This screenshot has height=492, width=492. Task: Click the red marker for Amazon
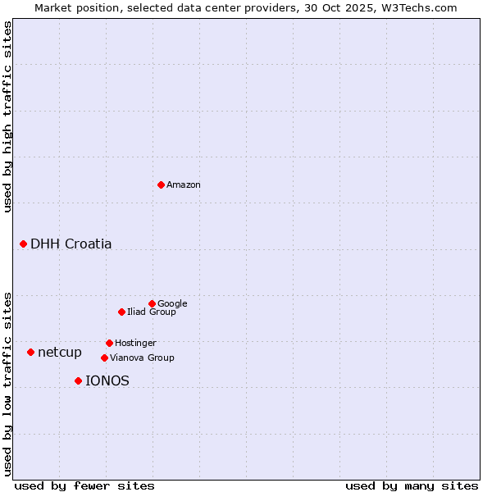click(161, 184)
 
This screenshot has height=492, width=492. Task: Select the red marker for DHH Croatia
click(24, 244)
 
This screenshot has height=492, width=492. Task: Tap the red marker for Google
click(152, 303)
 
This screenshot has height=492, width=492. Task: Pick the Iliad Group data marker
click(121, 312)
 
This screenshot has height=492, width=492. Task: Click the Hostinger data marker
click(109, 343)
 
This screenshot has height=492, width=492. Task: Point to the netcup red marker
click(31, 352)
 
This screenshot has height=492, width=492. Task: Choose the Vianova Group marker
click(104, 358)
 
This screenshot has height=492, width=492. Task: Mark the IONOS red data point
click(78, 380)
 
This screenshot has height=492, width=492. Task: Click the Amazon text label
click(184, 185)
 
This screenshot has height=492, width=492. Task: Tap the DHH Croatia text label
click(71, 244)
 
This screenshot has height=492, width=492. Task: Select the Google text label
click(172, 303)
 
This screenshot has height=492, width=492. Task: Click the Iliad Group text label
click(152, 312)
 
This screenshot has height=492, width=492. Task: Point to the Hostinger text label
click(135, 343)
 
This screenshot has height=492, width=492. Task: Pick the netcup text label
click(60, 353)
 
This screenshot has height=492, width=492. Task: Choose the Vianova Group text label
click(142, 358)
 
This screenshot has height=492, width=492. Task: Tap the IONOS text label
click(107, 381)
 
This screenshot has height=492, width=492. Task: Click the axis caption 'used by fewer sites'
click(84, 485)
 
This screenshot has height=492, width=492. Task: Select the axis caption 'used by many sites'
click(412, 485)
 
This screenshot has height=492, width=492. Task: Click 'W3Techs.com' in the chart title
click(423, 7)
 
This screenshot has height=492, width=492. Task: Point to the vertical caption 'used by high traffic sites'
click(7, 116)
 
